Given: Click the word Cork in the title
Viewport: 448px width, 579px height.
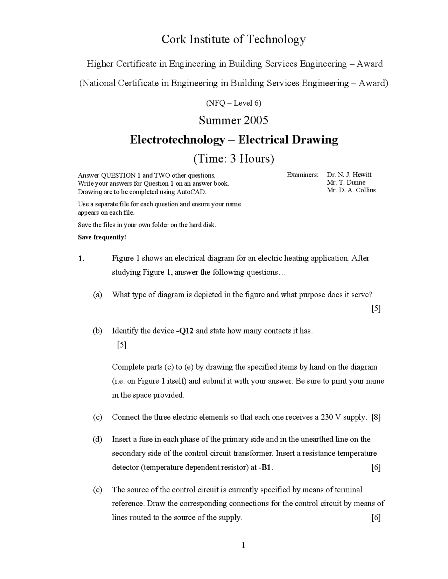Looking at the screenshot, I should click(174, 39).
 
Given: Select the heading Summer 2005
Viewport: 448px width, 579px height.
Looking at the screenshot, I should click(233, 120).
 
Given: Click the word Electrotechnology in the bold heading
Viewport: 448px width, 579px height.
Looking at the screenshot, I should click(177, 140).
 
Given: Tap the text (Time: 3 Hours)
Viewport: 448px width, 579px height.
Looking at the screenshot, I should click(233, 159).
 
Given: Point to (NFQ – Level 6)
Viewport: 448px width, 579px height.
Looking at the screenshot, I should click(233, 103).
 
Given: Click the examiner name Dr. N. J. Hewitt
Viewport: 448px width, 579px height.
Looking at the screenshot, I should click(349, 175).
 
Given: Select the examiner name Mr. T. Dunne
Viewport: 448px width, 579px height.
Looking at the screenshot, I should click(346, 183).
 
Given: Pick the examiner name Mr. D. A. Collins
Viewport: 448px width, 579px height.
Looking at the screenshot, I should click(351, 190).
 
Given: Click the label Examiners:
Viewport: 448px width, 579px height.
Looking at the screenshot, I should click(302, 175).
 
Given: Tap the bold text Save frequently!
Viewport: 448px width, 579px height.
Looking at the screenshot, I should click(102, 237).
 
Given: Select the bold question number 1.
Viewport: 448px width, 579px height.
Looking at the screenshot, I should click(81, 259).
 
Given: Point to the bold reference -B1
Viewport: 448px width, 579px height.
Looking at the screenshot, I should click(265, 467).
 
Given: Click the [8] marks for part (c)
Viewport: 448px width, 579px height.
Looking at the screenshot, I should click(376, 417).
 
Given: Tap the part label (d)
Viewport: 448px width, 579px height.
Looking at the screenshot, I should click(97, 439).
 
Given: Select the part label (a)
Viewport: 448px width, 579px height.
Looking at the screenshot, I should click(97, 295).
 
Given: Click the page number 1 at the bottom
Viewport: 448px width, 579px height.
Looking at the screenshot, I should click(243, 545).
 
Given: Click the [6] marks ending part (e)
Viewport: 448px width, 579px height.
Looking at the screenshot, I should click(376, 518).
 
